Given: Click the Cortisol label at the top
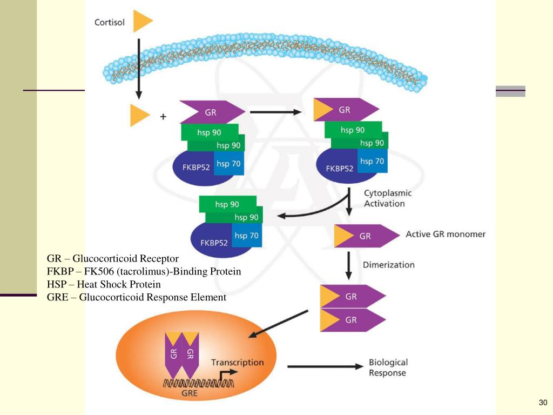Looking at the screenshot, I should tap(110, 22).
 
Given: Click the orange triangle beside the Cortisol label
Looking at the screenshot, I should tap(142, 22).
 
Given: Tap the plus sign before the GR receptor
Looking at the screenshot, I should tap(163, 116).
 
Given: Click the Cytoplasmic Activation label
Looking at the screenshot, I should tap(387, 198).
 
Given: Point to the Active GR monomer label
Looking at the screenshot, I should tap(445, 235).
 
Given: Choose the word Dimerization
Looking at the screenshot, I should tap(388, 265).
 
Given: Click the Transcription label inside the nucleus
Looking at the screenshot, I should tap(237, 362).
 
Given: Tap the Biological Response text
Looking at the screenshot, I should tap(388, 367).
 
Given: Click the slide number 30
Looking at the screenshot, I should tap(543, 403).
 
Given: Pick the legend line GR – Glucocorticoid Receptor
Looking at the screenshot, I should tap(112, 258).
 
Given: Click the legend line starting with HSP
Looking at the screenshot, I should tap(104, 284).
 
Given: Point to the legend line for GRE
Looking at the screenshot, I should tap(136, 297).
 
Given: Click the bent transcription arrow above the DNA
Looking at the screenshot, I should tap(229, 374).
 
